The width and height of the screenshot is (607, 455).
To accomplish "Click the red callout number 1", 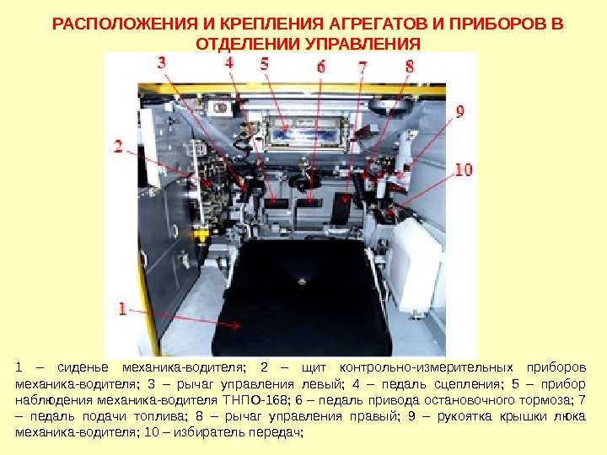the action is (x=123, y=309).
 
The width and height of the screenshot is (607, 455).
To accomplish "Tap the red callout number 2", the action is (x=118, y=147).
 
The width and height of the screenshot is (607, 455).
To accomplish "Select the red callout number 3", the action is (x=162, y=62).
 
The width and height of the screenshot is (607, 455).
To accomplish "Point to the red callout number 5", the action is (x=265, y=63).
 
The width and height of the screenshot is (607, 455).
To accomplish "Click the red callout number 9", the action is (x=460, y=111).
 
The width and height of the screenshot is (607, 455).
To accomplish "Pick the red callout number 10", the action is (x=464, y=169).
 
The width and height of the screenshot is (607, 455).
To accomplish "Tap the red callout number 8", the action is (x=410, y=67).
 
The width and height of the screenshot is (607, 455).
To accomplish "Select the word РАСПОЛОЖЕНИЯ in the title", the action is (x=125, y=24).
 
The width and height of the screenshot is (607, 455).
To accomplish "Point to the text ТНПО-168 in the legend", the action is (x=255, y=399).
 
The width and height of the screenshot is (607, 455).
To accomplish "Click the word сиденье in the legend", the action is (x=83, y=367).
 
